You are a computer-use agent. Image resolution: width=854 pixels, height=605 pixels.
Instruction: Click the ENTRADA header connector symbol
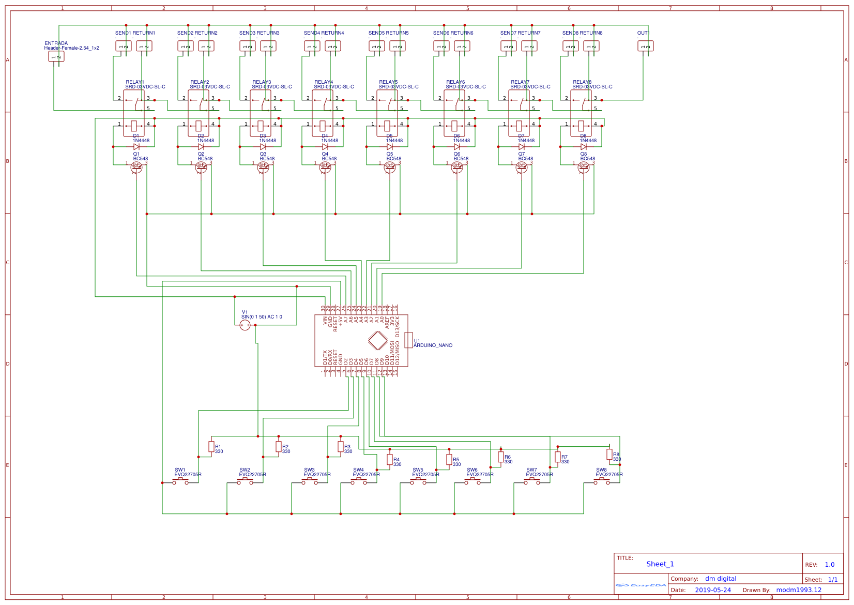[56, 56]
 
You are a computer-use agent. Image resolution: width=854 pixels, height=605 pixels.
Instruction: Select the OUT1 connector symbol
[645, 46]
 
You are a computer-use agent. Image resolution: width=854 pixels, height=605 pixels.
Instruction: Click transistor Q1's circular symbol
[136, 167]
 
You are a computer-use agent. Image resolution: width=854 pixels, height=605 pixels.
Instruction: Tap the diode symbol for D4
[325, 147]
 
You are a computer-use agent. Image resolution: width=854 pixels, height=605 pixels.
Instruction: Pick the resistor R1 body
[211, 446]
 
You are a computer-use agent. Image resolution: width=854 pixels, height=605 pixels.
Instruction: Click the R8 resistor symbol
[609, 454]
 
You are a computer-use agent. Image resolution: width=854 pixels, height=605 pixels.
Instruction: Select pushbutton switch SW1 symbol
[180, 481]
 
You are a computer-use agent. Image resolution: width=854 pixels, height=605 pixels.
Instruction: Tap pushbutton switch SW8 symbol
[601, 481]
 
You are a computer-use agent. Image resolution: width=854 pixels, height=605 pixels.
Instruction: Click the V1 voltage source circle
[245, 325]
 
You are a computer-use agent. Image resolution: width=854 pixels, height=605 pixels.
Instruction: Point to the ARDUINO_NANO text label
[433, 345]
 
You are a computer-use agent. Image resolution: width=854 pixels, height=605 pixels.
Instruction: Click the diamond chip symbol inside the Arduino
[378, 341]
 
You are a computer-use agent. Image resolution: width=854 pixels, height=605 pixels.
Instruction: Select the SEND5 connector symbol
[376, 46]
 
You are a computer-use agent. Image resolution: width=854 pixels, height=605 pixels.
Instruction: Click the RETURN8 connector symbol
[591, 46]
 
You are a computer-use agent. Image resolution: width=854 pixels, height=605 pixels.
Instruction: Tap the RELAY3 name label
[262, 82]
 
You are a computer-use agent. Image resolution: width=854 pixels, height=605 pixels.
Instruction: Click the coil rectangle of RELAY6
[454, 126]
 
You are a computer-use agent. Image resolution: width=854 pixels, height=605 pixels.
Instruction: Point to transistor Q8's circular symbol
[584, 167]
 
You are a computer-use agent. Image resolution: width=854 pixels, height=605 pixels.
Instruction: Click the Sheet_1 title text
[660, 564]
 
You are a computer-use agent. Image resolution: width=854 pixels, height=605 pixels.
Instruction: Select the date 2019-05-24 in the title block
[713, 590]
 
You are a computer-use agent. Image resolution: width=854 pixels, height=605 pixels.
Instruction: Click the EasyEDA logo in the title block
[641, 585]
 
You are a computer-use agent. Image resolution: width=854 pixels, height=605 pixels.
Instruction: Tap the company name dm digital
[721, 579]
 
